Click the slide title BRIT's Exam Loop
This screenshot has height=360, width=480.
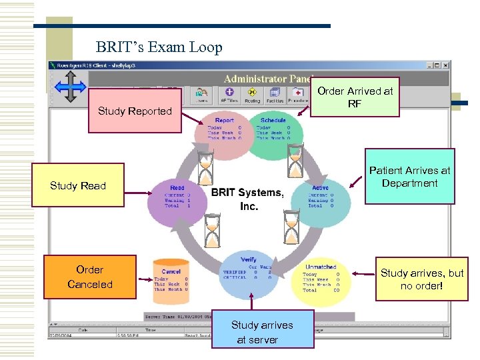point(159,47)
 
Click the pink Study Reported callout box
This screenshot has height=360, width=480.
point(134,111)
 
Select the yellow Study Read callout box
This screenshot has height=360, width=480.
point(77,186)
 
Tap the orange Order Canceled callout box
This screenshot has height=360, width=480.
point(89,277)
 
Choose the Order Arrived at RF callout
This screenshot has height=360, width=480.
point(355,97)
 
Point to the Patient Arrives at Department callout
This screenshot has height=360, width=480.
point(409,177)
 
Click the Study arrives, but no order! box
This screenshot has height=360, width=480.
point(422,279)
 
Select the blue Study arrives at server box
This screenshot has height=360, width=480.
point(262,332)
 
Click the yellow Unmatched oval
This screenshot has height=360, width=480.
point(321,279)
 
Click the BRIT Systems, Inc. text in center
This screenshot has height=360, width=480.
point(247,199)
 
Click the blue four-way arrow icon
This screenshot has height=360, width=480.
point(69,87)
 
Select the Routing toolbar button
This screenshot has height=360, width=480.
point(252,95)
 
